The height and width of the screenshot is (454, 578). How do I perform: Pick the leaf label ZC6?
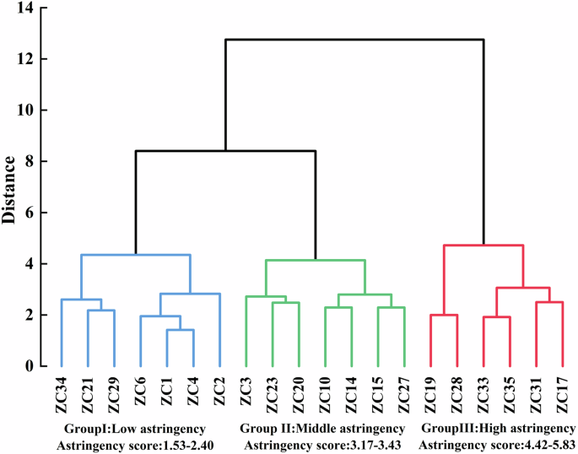[x=141, y=394]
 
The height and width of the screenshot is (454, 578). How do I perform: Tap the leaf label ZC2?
[x=219, y=394]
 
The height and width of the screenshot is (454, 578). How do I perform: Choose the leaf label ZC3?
[x=246, y=394]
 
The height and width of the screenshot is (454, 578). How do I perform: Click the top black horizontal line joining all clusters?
[x=354, y=40]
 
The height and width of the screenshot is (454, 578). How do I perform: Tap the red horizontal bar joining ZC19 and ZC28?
[x=444, y=315]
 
